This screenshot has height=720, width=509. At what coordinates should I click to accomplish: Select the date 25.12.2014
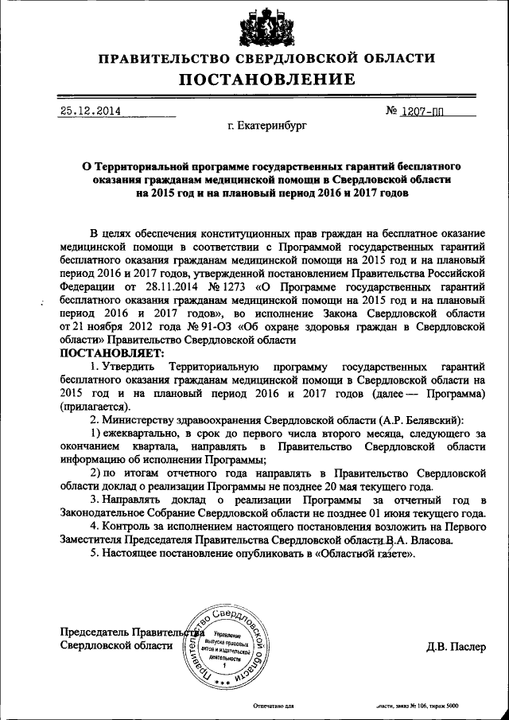tap(90, 111)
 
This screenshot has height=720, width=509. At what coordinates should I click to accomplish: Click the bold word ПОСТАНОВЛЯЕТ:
tap(111, 352)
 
